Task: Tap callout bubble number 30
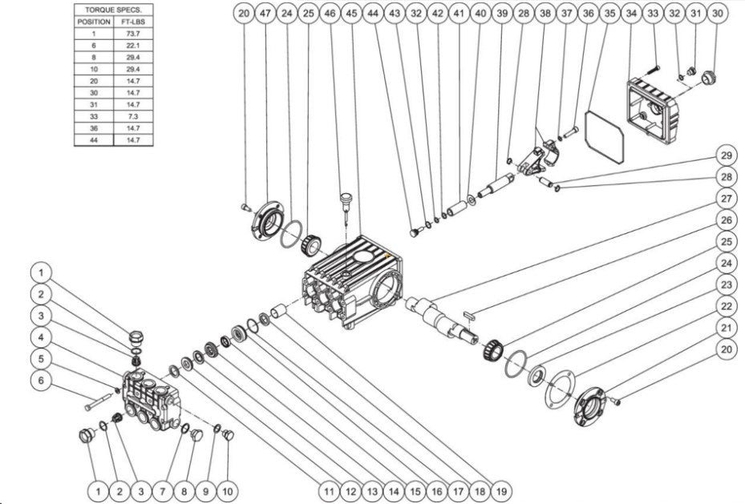pyautogui.click(x=717, y=14)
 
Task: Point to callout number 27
pyautogui.click(x=726, y=198)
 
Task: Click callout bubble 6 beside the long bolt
pyautogui.click(x=43, y=381)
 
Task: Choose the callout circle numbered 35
pyautogui.click(x=609, y=14)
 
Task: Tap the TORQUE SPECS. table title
pyautogui.click(x=112, y=10)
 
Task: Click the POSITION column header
pyautogui.click(x=94, y=22)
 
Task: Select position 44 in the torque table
pyautogui.click(x=94, y=140)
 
